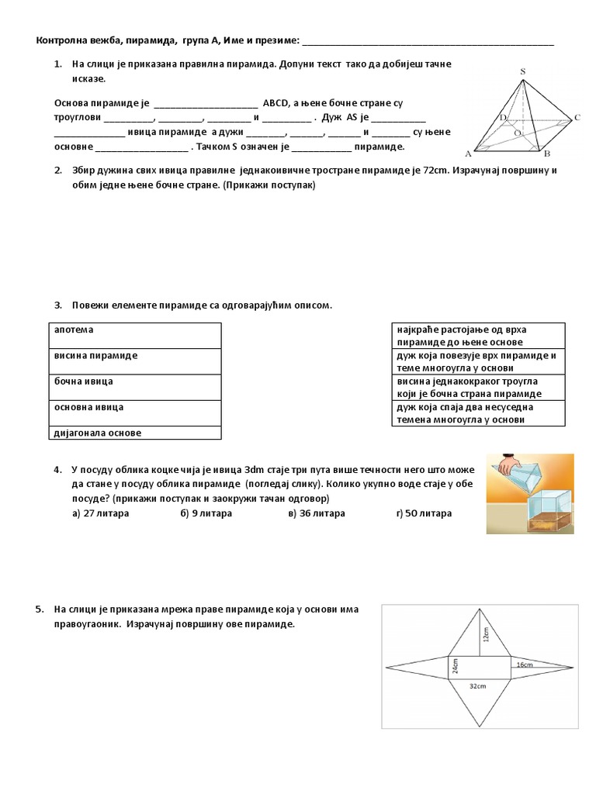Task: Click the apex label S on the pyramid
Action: tap(522, 72)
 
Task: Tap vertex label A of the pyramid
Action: tap(468, 154)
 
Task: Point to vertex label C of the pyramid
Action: tap(577, 119)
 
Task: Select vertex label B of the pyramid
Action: tap(547, 154)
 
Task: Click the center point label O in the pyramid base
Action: tap(518, 133)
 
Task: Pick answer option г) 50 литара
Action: tap(423, 513)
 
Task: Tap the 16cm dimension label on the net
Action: tap(524, 665)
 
